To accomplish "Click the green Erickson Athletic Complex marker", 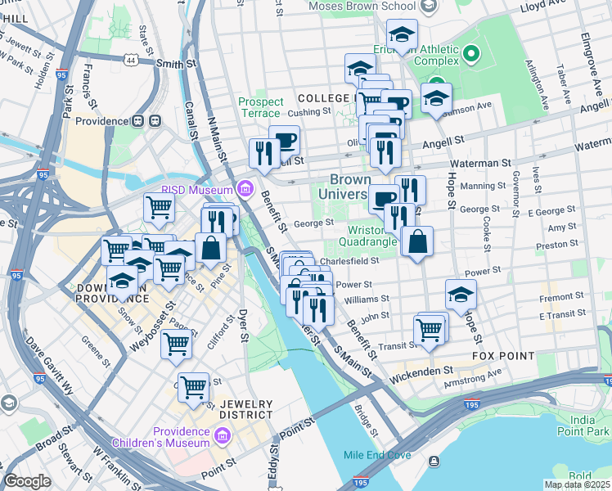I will coord(470,56).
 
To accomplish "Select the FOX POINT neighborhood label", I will coord(503,357).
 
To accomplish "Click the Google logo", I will coord(27,480).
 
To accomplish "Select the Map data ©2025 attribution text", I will coord(577,484).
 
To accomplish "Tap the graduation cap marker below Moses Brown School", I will coord(402,36).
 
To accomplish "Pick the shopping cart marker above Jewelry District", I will coord(194,388).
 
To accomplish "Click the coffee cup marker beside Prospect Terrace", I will coord(284,140).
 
